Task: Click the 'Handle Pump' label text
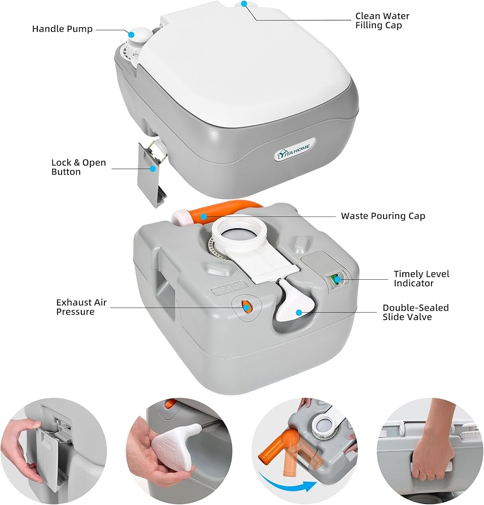click(62, 29)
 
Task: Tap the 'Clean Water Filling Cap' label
click(383, 21)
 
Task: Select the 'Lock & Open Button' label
click(79, 167)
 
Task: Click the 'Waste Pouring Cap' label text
click(383, 216)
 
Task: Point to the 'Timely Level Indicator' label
click(421, 279)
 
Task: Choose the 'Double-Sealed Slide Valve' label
click(415, 313)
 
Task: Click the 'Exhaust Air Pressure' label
click(81, 307)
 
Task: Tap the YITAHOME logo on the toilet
click(294, 151)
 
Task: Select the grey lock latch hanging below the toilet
click(152, 174)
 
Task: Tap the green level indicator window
click(337, 279)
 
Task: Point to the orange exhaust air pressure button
click(246, 306)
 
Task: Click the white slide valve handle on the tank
click(295, 299)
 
